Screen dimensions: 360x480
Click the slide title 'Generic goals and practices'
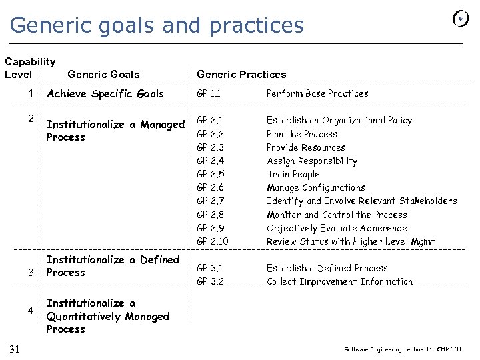[x=157, y=25]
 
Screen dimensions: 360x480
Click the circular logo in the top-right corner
[x=461, y=19]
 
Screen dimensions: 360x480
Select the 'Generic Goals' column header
[x=103, y=75]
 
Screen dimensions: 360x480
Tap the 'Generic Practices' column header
[x=241, y=75]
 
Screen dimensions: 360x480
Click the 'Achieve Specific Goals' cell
[x=105, y=94]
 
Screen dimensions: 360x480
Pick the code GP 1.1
[x=209, y=94]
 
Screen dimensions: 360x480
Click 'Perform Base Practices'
[x=317, y=94]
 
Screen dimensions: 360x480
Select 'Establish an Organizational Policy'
[x=339, y=121]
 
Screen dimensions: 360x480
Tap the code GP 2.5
[x=211, y=175]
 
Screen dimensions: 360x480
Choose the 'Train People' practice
[x=293, y=175]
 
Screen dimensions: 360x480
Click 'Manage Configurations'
[x=316, y=188]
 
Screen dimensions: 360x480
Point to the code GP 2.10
[x=213, y=241]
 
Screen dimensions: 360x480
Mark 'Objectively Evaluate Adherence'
[x=337, y=228]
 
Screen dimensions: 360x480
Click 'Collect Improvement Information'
[x=339, y=281]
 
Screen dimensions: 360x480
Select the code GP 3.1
[x=210, y=268]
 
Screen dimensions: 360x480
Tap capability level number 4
[x=31, y=311]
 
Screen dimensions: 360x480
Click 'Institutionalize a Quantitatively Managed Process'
[x=107, y=316]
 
